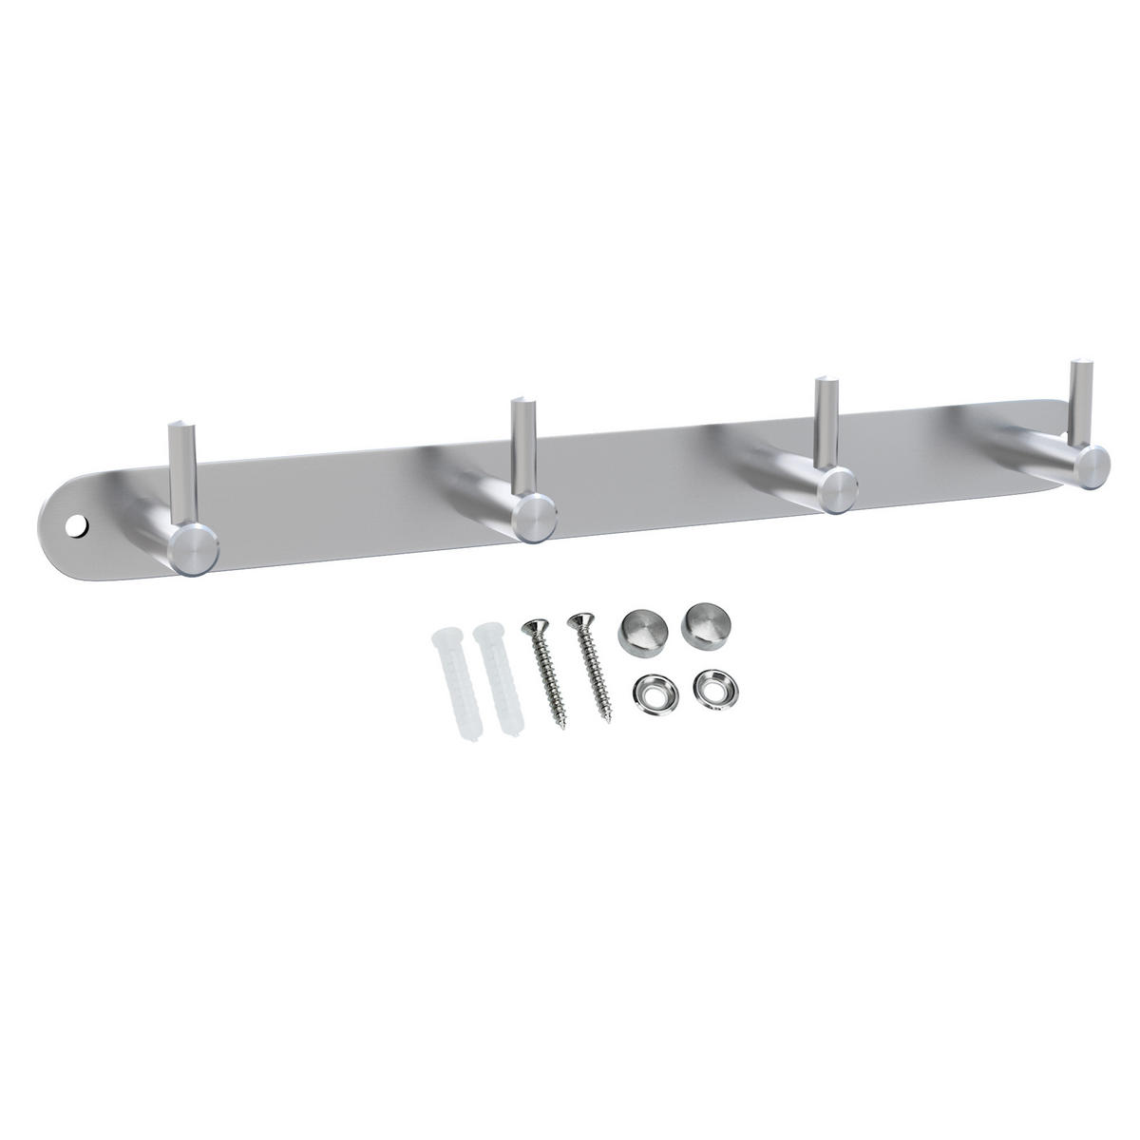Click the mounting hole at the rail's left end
coord(75,524)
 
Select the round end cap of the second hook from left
coord(533,520)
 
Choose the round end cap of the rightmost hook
coord(1091,465)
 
